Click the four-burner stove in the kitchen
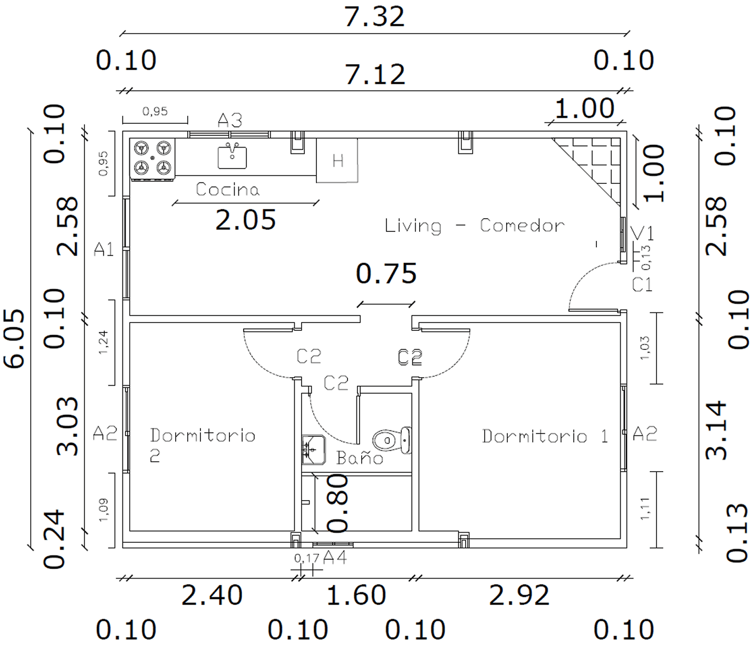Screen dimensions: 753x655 click(152, 159)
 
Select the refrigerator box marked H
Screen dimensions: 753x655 click(337, 160)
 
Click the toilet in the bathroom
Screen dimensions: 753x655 click(392, 440)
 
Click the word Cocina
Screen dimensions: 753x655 click(227, 189)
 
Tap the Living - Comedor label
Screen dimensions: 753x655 click(475, 226)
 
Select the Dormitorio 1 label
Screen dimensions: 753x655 click(545, 436)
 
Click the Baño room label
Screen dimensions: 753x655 click(360, 457)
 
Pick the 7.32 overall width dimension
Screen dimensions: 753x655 click(374, 17)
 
